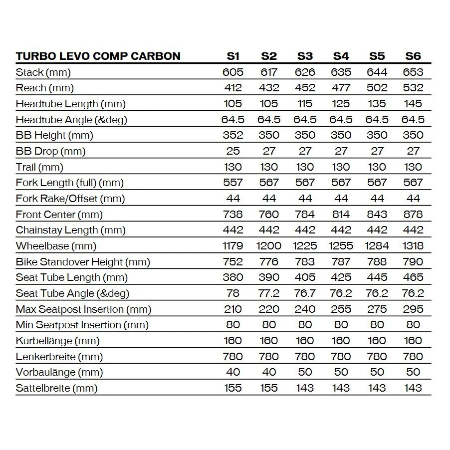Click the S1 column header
(233, 56)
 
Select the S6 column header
(413, 56)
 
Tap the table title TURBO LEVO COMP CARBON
(98, 56)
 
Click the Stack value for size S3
(305, 72)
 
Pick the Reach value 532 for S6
(413, 88)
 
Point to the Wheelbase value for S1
(233, 246)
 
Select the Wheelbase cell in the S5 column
(377, 246)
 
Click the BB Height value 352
(233, 135)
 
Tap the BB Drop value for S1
(233, 151)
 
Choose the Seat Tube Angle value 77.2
(269, 293)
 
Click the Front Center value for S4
(341, 215)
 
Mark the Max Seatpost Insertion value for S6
(413, 309)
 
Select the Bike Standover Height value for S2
(269, 262)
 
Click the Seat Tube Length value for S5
(377, 277)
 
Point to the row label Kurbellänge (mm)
(58, 341)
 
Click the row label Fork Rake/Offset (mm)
(70, 199)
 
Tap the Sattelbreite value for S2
(269, 388)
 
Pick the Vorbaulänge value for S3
(305, 372)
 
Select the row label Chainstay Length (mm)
(71, 230)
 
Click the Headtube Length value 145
(413, 104)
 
